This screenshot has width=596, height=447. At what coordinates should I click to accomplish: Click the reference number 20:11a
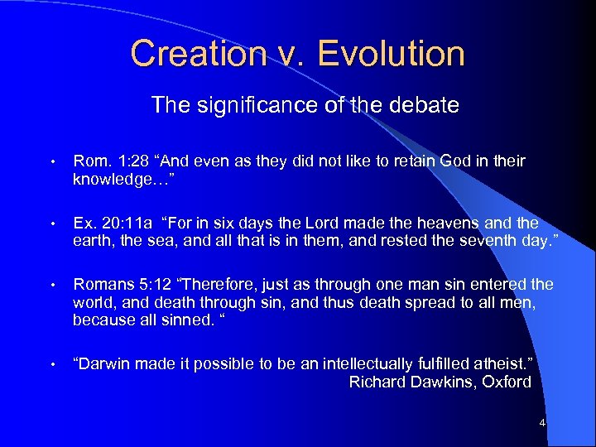tap(127, 223)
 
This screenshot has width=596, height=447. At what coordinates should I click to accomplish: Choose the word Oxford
tap(507, 382)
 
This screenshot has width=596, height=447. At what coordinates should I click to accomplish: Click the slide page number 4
tap(542, 424)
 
